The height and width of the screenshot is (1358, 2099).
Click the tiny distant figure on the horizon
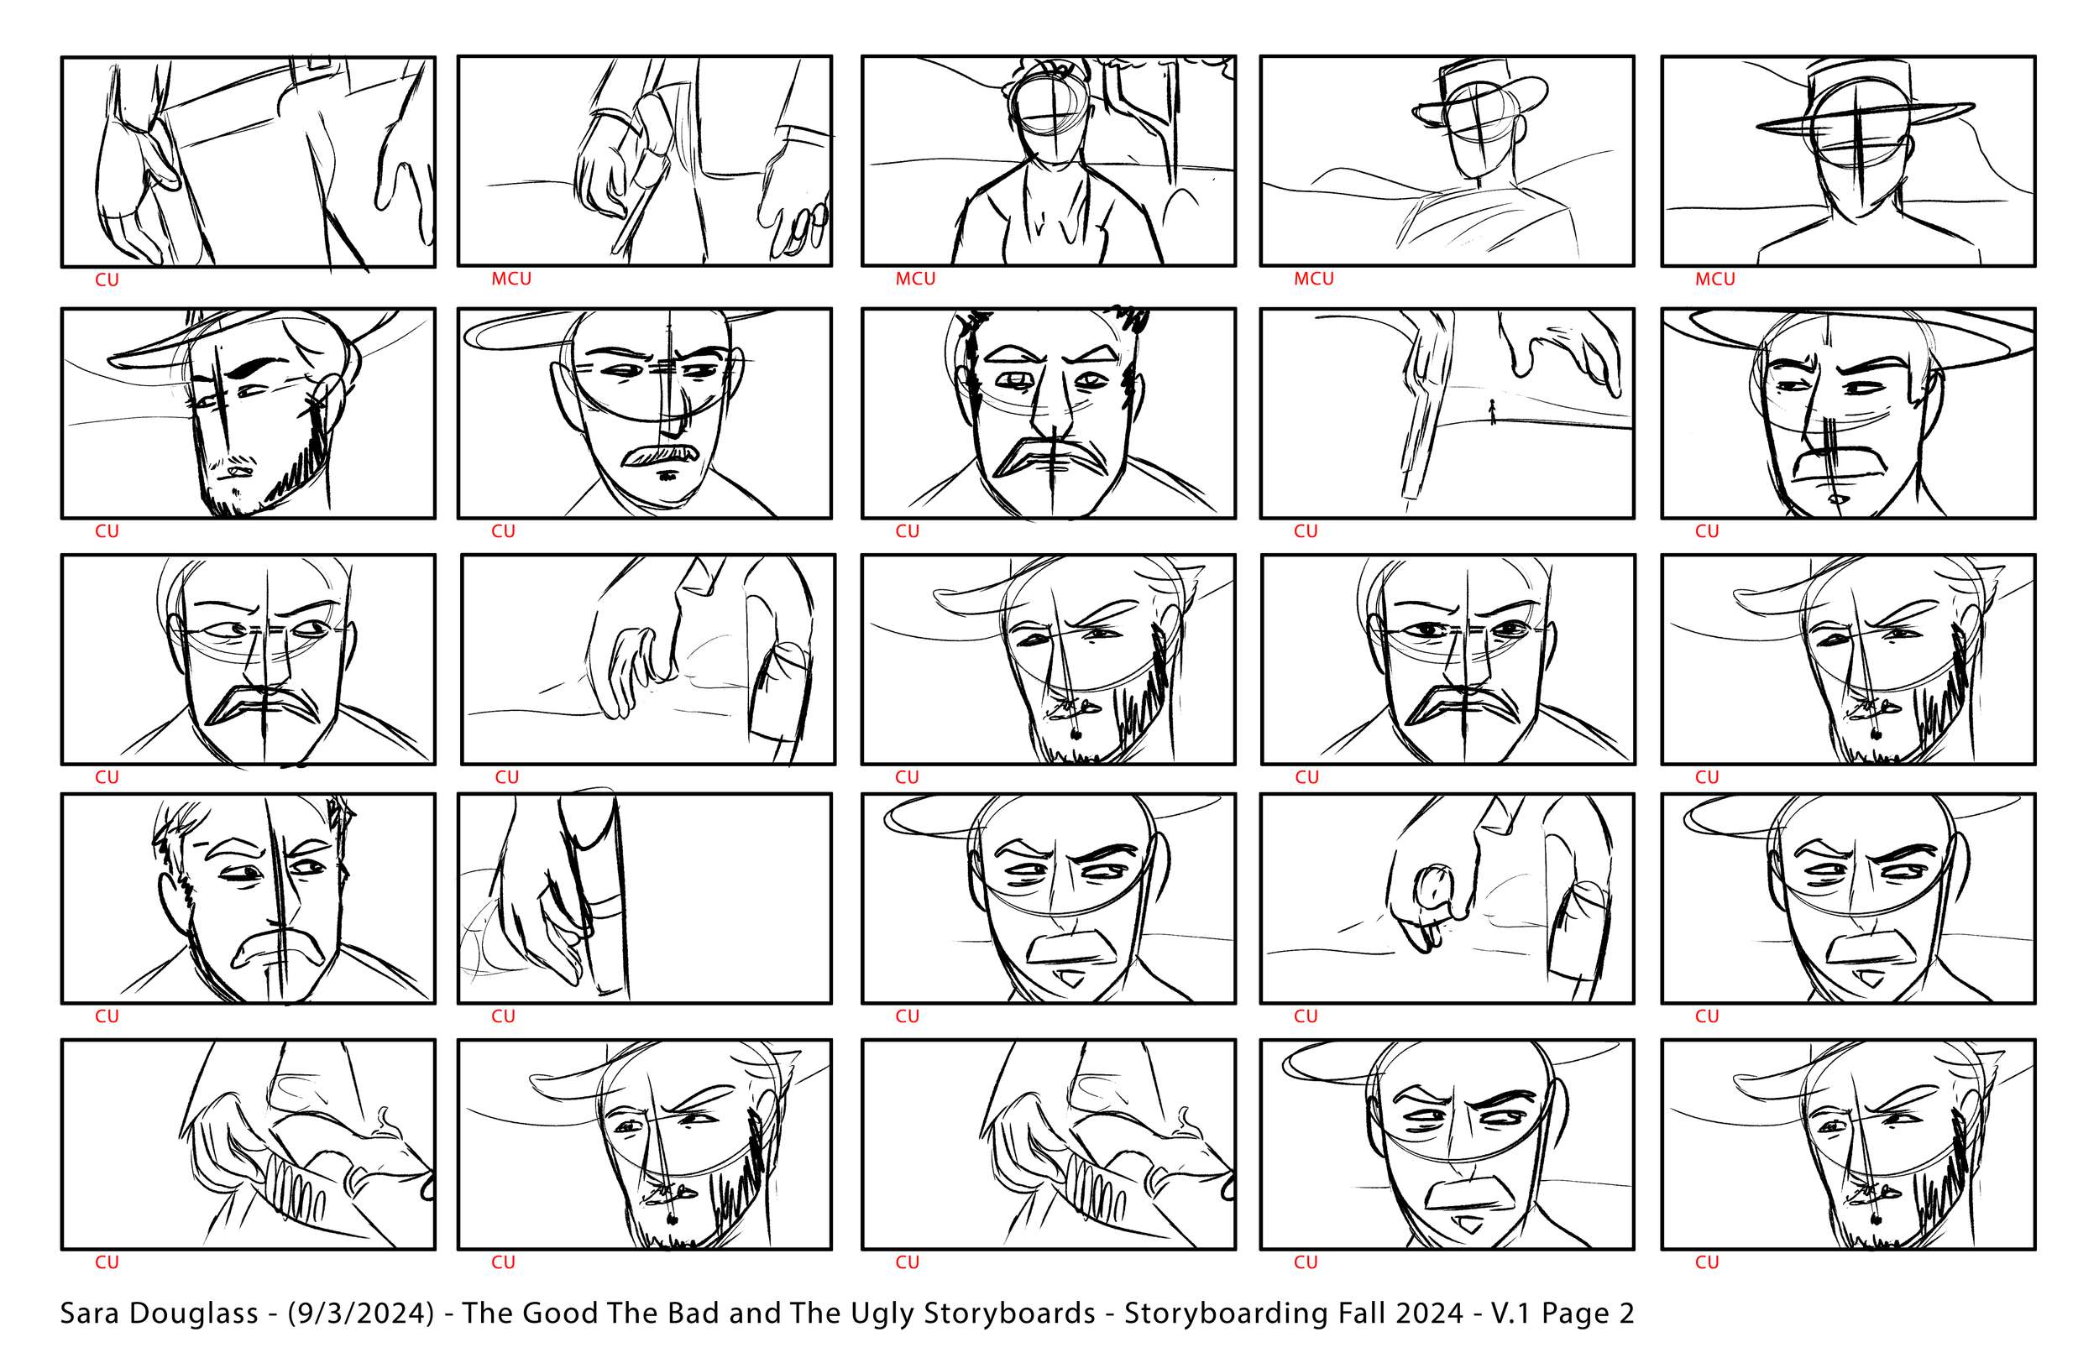click(1492, 412)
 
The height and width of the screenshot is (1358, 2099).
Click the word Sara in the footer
click(88, 1313)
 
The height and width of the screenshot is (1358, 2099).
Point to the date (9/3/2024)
click(362, 1314)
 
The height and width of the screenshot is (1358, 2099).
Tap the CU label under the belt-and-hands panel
click(107, 280)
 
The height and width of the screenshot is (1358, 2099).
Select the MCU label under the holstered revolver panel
click(511, 279)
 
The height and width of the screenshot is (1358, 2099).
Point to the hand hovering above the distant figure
click(1561, 353)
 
